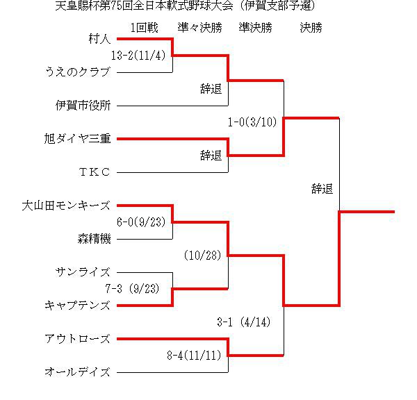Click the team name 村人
pyautogui.click(x=99, y=39)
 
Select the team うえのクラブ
pyautogui.click(x=78, y=72)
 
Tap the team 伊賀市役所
pyautogui.click(x=83, y=106)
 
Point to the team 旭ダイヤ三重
pyautogui.click(x=77, y=138)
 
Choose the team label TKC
pyautogui.click(x=95, y=172)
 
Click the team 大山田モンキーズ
pyautogui.click(x=66, y=206)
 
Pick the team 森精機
pyautogui.click(x=94, y=239)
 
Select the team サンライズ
pyautogui.click(x=83, y=272)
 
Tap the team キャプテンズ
pyautogui.click(x=77, y=306)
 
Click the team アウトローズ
pyautogui.click(x=77, y=339)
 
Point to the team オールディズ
pyautogui.click(x=77, y=372)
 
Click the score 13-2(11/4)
pyautogui.click(x=138, y=56)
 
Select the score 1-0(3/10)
pyautogui.click(x=252, y=122)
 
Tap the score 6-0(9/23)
pyautogui.click(x=141, y=222)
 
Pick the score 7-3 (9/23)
pyautogui.click(x=133, y=288)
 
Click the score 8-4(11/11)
pyautogui.click(x=194, y=355)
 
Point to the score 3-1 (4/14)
pyautogui.click(x=244, y=322)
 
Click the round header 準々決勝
pyautogui.click(x=199, y=27)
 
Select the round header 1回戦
pyautogui.click(x=145, y=27)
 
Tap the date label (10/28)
pyautogui.click(x=203, y=255)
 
